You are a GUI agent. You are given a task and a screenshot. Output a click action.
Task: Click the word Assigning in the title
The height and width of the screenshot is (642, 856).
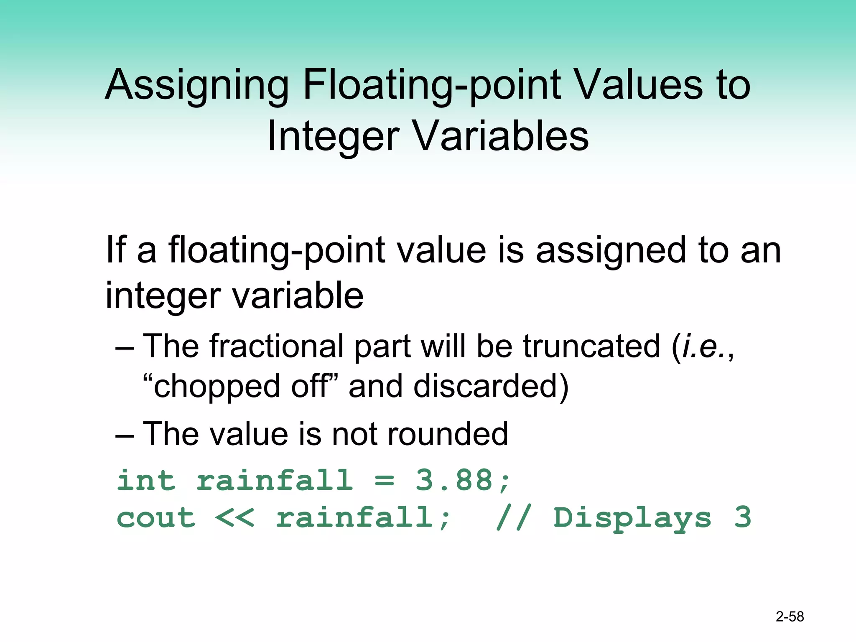(x=196, y=86)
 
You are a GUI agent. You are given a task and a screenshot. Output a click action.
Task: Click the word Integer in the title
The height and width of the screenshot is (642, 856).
(x=333, y=136)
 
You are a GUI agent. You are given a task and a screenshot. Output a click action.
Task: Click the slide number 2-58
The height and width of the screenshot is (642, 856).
(x=790, y=617)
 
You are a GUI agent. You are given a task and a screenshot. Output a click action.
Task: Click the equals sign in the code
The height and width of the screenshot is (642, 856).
(x=384, y=481)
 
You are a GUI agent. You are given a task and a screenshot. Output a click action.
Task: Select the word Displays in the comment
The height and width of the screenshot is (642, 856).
(x=632, y=518)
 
